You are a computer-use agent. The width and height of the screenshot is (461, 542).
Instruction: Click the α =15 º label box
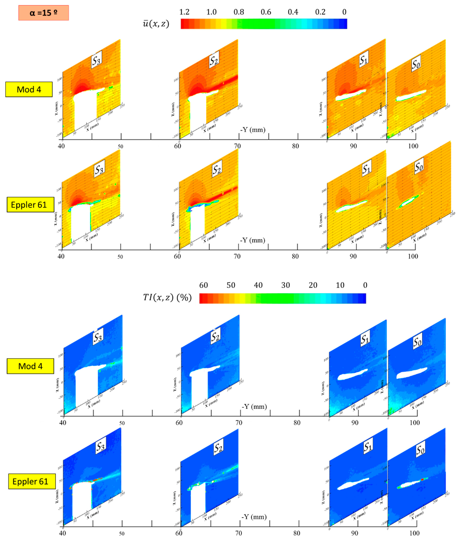click(x=43, y=13)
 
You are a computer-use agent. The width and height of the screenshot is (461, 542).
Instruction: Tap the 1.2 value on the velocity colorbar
click(x=184, y=12)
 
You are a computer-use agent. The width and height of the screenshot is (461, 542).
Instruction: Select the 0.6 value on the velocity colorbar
click(x=266, y=12)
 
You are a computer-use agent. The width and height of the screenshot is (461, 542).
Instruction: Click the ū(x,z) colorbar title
click(x=156, y=24)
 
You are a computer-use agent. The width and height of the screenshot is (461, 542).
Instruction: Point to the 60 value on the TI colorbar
click(x=204, y=285)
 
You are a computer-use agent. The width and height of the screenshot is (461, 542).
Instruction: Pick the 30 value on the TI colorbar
click(x=285, y=285)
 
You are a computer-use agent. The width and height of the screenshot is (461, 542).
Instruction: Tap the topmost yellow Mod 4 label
click(x=29, y=89)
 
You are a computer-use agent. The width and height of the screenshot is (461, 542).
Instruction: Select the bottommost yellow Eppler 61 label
click(x=30, y=482)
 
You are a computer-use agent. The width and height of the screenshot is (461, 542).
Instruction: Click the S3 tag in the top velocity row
click(x=96, y=61)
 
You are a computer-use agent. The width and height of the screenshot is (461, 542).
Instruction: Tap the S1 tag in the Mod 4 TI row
click(x=365, y=339)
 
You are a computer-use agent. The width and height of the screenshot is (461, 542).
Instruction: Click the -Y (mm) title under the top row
click(x=253, y=130)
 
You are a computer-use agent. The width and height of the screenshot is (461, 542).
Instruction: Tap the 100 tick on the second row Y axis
click(x=413, y=256)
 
